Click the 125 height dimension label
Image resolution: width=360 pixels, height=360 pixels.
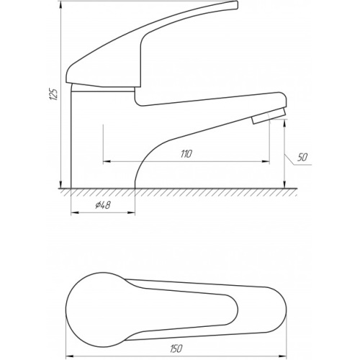coord(53,94)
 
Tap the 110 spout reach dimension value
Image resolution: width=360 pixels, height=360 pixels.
coord(186,154)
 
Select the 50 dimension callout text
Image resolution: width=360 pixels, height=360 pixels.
coord(302,158)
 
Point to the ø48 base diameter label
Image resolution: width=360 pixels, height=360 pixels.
coord(103,205)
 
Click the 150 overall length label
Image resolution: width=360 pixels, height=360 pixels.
coord(176,348)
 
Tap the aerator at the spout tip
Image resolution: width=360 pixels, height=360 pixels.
coord(269,116)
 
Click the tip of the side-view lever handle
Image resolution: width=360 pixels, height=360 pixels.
coord(236,5)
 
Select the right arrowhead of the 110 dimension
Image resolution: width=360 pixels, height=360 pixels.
coord(265,161)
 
